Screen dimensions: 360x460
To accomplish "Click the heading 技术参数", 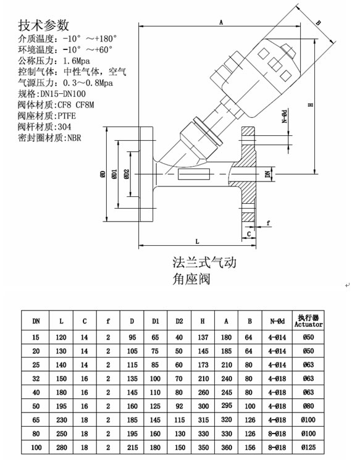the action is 43,25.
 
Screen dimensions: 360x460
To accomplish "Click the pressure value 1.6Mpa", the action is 77,61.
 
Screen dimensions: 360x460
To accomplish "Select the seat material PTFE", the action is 67,116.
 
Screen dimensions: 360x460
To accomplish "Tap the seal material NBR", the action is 74,138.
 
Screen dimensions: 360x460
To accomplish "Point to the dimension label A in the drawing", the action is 221,22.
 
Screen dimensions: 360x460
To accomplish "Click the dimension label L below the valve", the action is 198,241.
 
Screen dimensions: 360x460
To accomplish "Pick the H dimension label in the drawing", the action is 311,105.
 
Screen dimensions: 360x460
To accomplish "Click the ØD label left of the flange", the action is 103,174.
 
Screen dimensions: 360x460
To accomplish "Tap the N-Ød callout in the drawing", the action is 284,116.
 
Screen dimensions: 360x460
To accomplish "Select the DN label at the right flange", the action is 268,174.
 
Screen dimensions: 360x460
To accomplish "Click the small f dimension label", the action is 268,223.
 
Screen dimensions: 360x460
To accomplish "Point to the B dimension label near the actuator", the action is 319,23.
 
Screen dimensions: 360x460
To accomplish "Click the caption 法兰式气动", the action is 204,262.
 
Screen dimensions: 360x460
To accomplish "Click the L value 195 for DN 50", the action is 61,406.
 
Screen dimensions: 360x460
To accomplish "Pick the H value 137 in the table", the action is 203,337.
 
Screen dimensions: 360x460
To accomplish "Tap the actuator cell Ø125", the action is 308,448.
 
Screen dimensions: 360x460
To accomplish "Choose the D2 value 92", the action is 179,406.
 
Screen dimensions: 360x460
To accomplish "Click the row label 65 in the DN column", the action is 36,420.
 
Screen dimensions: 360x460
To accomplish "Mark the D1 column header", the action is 156,321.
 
